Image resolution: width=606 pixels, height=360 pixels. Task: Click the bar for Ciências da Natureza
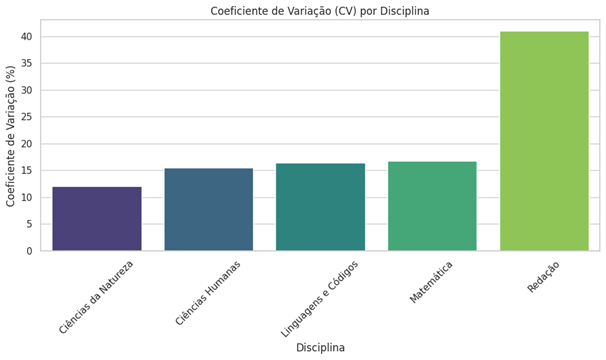(97, 219)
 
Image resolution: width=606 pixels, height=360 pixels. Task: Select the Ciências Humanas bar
(209, 209)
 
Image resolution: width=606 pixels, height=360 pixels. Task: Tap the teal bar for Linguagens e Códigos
(320, 207)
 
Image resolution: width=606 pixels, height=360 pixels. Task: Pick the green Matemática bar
(432, 206)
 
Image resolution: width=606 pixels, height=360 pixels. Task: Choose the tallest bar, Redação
(544, 141)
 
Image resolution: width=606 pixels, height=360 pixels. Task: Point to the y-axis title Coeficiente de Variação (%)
(12, 136)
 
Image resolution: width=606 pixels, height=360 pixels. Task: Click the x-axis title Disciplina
(320, 348)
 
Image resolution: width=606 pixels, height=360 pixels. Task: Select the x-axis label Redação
(543, 276)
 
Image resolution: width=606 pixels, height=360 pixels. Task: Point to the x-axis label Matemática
(431, 282)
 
